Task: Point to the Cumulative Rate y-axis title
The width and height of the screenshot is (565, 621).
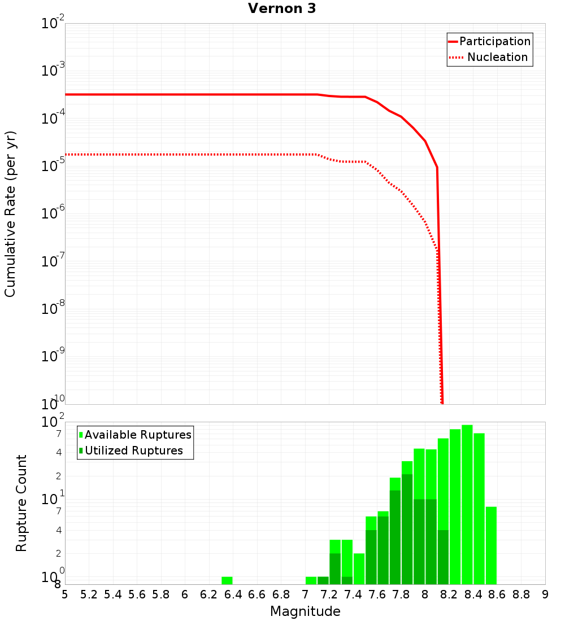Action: (x=10, y=214)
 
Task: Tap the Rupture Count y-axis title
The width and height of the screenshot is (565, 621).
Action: (x=21, y=503)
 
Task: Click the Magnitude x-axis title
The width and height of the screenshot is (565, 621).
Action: (x=305, y=611)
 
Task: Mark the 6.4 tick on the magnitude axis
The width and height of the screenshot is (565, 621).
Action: (x=233, y=594)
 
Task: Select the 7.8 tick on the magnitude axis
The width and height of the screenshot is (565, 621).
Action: (x=401, y=594)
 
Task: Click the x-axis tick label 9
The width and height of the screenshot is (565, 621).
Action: (x=545, y=594)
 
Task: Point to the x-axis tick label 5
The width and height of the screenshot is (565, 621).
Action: (x=65, y=594)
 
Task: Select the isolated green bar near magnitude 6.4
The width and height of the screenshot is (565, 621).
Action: (x=227, y=580)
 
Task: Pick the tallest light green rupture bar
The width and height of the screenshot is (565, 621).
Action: (x=467, y=504)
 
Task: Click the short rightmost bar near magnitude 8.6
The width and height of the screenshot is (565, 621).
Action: (x=491, y=545)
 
